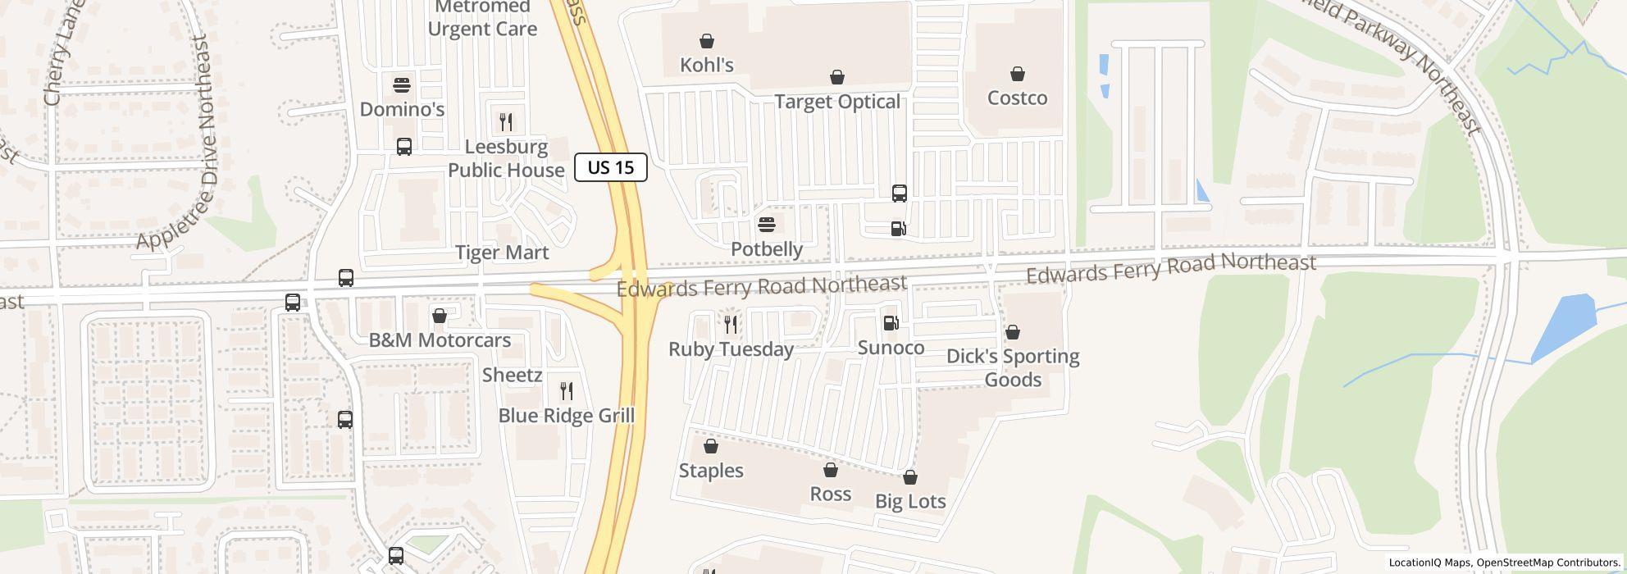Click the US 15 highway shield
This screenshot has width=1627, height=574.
(611, 167)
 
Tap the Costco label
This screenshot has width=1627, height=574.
(1017, 98)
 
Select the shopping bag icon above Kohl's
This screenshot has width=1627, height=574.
(707, 41)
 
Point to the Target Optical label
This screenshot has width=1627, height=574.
(837, 102)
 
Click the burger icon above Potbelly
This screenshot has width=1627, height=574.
(767, 224)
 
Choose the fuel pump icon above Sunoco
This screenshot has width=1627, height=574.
(891, 323)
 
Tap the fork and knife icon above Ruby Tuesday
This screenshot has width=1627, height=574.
(731, 325)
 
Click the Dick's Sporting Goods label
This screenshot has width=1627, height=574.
(1013, 367)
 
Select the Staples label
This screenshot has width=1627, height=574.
(711, 471)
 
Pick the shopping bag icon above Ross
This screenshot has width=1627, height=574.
(831, 470)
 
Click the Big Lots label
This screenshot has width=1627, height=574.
(910, 501)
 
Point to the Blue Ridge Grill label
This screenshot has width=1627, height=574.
(567, 416)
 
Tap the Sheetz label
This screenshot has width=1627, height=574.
(513, 376)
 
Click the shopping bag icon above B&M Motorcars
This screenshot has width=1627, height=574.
(440, 316)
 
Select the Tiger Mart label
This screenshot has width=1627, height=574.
(502, 253)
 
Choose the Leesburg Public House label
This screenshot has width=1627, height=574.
(506, 158)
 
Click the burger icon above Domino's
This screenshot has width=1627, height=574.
(402, 84)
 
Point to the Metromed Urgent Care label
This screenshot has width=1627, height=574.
(482, 19)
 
